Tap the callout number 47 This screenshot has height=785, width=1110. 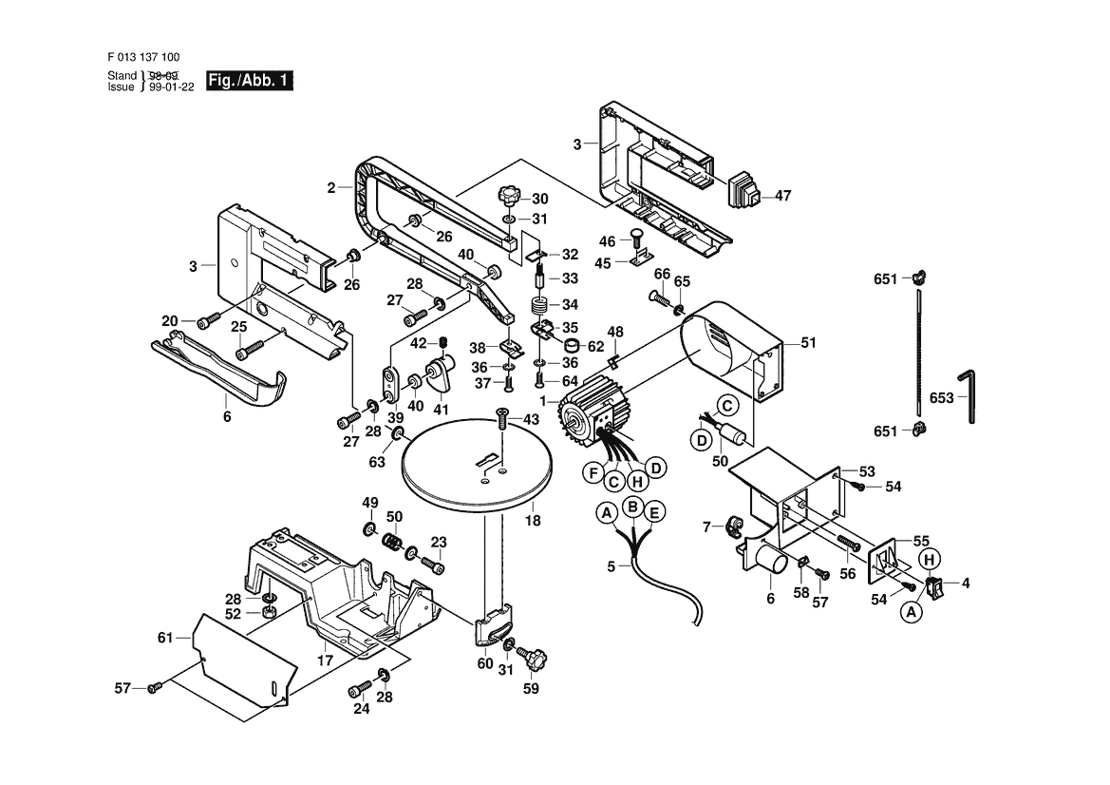click(782, 197)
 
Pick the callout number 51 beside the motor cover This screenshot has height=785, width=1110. click(808, 342)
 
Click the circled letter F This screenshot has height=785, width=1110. click(593, 472)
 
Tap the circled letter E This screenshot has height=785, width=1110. click(652, 513)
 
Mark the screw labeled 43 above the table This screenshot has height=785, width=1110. click(500, 416)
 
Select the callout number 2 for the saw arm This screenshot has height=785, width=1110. click(331, 188)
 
